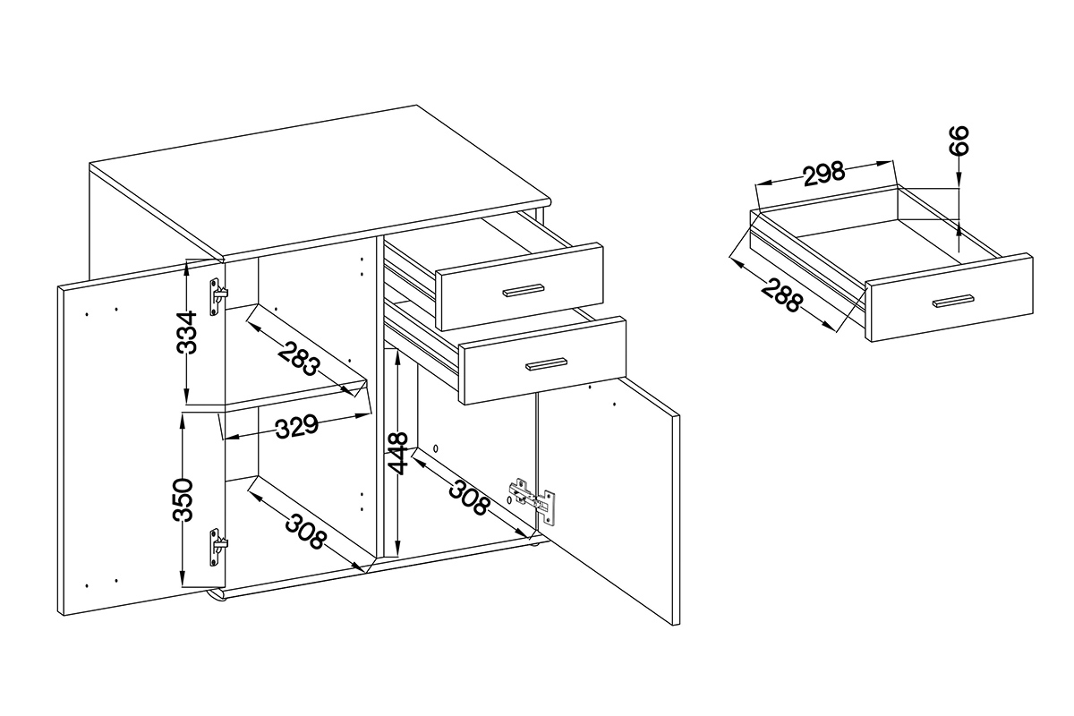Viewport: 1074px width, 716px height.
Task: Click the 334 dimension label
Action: click(x=186, y=332)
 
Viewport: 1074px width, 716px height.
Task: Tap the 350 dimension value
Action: click(x=183, y=499)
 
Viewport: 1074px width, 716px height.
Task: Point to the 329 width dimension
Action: click(x=297, y=426)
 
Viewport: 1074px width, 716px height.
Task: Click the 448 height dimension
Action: click(x=398, y=454)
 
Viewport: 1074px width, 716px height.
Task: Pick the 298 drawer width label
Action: click(x=823, y=174)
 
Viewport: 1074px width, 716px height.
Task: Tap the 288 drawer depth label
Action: click(x=782, y=296)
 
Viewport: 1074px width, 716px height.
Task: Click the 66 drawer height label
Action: click(x=959, y=140)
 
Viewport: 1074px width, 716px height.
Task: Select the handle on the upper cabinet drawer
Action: click(x=523, y=291)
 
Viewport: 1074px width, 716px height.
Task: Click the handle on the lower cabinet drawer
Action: click(x=546, y=364)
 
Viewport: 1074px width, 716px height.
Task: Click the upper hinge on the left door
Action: click(x=218, y=297)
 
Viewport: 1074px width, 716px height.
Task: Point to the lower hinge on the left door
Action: click(x=218, y=547)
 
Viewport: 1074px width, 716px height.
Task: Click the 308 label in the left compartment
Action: click(x=305, y=532)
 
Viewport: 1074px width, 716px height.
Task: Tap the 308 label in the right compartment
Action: click(x=469, y=498)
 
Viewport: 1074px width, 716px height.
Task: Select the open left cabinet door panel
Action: click(x=141, y=438)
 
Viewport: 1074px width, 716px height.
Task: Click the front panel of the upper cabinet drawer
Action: click(x=520, y=286)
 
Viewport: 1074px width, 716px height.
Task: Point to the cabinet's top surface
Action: click(x=320, y=180)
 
